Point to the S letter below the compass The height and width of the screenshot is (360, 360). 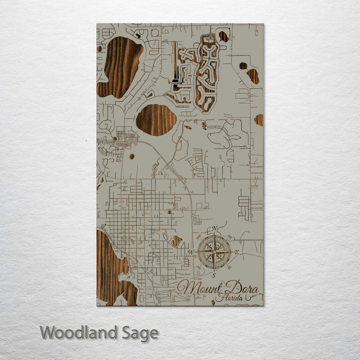[x=213, y=275]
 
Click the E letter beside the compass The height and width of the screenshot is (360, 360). [x=236, y=253]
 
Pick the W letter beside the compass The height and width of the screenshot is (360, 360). [x=190, y=251]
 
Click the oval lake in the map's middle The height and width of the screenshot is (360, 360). [x=156, y=119]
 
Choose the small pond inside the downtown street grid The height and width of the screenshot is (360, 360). [x=176, y=241]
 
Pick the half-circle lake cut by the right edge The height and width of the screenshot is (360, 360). [x=259, y=120]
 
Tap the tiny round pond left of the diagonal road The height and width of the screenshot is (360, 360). [x=131, y=156]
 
